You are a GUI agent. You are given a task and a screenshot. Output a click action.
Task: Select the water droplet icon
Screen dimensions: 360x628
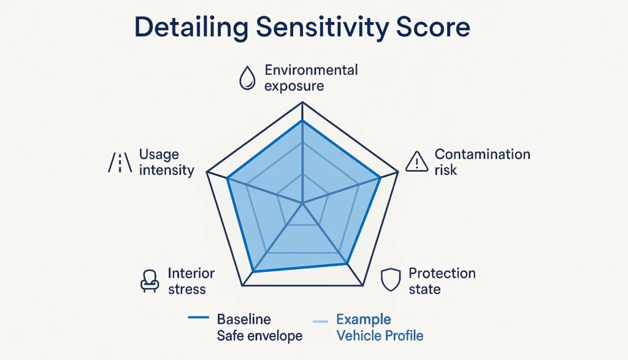pos(247,79)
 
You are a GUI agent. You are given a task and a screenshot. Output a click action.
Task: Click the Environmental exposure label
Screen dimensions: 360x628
pos(311,77)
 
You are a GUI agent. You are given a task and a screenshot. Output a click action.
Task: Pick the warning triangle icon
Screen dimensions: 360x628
pos(417,162)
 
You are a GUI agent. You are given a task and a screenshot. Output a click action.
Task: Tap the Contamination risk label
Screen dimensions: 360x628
pos(482,162)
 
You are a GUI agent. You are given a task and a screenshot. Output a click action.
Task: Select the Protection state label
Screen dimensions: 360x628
pos(442,281)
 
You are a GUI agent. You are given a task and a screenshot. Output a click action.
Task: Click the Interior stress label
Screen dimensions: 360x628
pos(191,281)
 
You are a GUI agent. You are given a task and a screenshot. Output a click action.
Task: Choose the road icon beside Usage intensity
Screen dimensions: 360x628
pos(120,163)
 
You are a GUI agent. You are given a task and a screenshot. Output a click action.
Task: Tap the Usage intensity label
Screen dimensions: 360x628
pos(166,163)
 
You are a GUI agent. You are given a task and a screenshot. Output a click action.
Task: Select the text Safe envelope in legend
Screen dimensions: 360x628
pos(259,336)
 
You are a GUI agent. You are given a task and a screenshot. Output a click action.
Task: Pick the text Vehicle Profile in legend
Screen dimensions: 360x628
pos(380,336)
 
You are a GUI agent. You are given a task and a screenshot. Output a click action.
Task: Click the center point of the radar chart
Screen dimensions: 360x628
pos(302,202)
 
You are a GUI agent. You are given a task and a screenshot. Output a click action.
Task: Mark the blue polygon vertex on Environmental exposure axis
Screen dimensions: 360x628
pos(302,121)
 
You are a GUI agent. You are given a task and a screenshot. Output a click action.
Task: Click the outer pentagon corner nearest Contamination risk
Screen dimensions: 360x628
pos(398,173)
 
